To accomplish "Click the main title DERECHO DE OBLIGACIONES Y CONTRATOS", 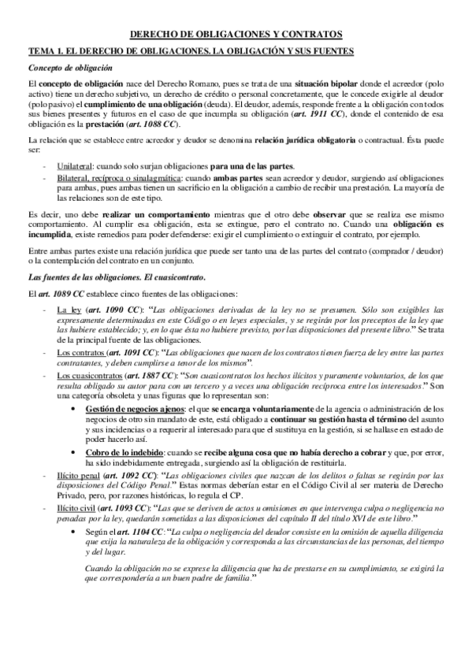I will coord(236,35).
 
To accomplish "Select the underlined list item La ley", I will coord(69,309).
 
